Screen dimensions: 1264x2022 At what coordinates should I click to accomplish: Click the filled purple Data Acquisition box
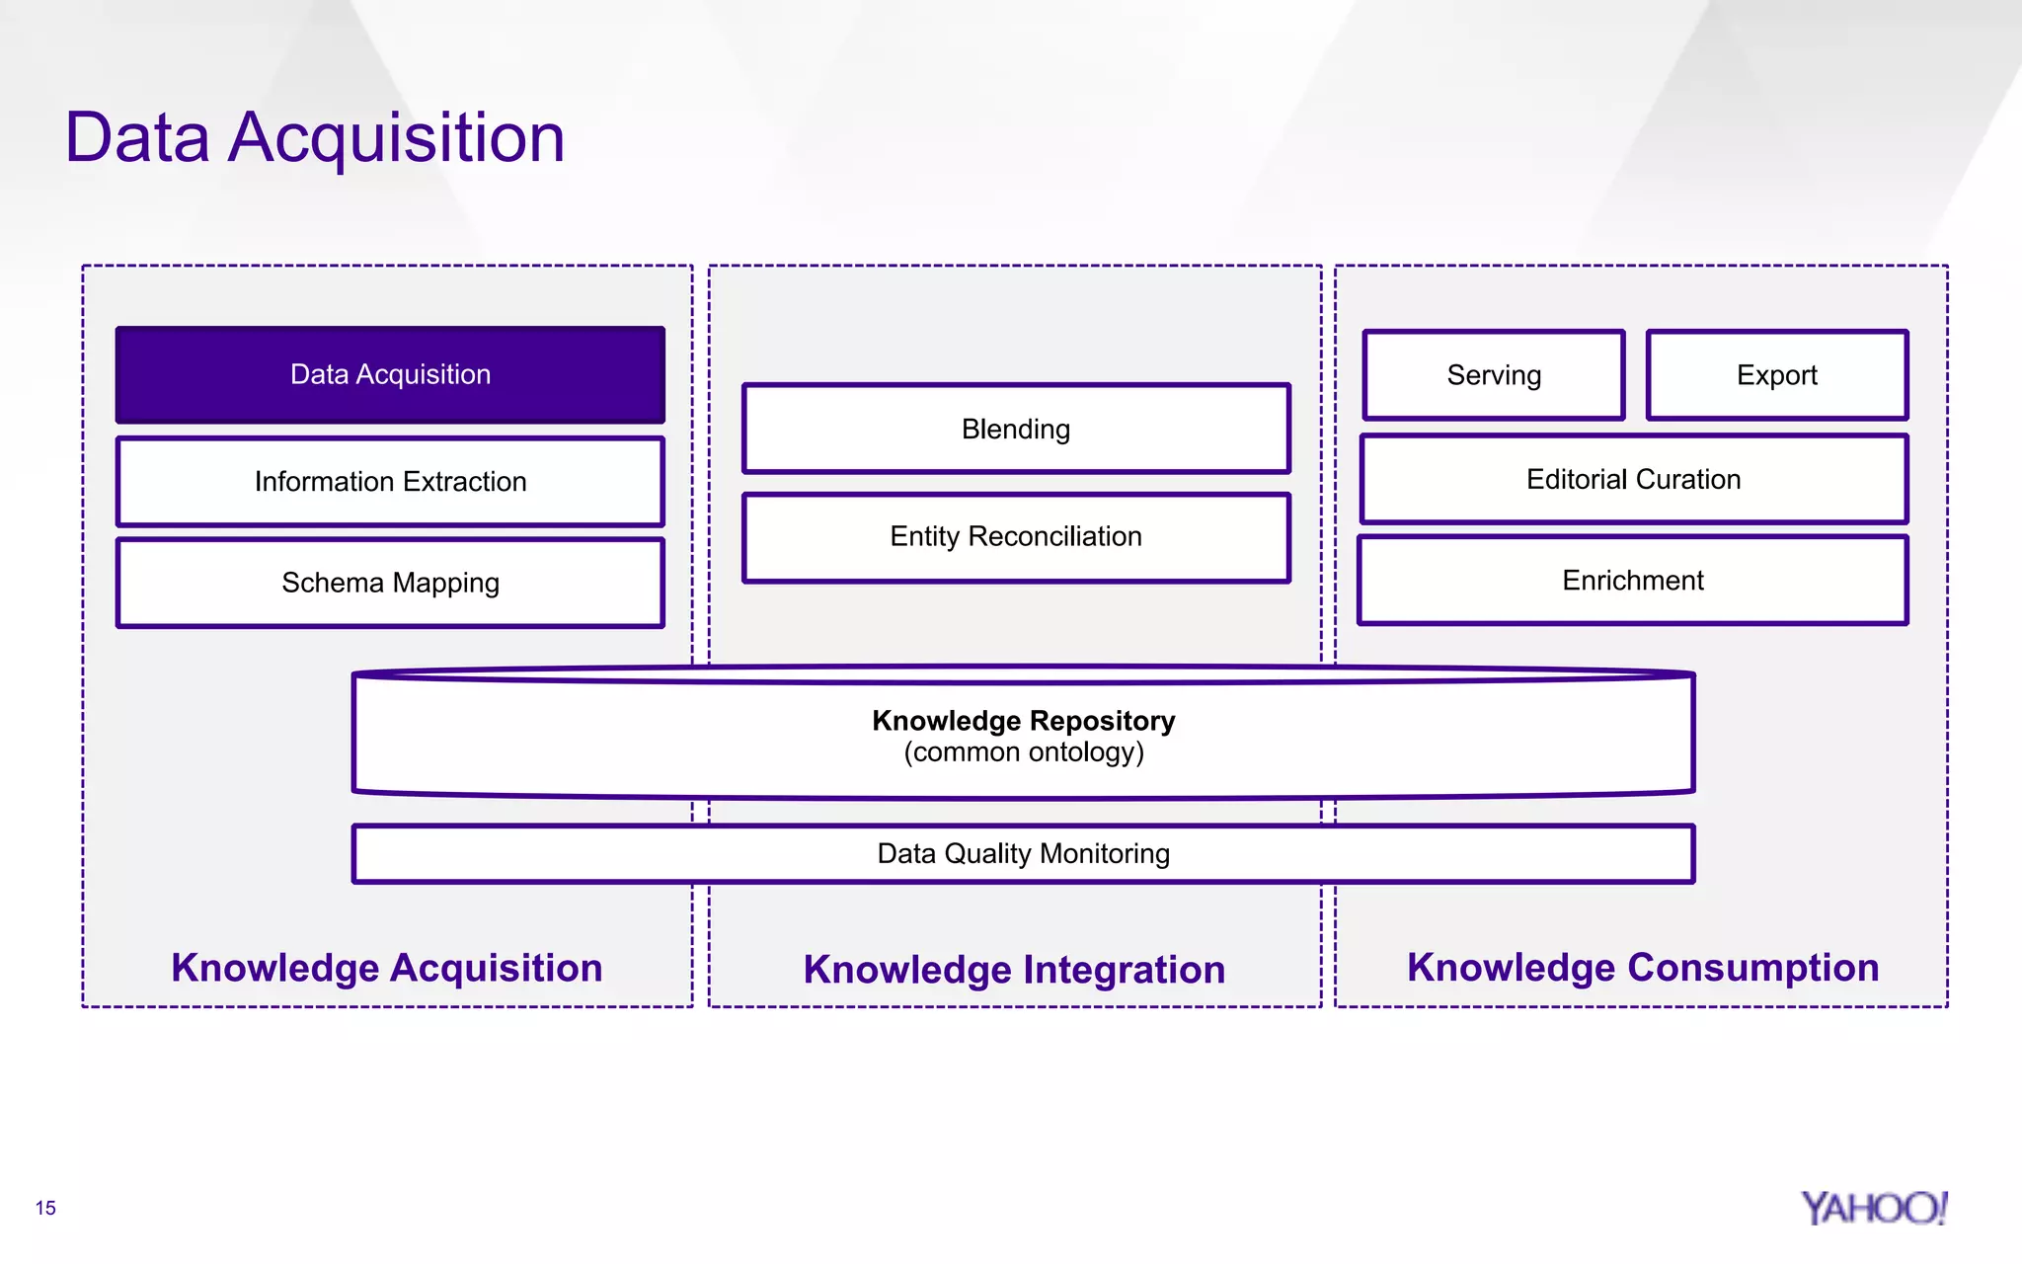pyautogui.click(x=390, y=375)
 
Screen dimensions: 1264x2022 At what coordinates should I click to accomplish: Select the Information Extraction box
pyautogui.click(x=390, y=482)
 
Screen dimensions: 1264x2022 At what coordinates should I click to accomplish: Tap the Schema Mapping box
pyautogui.click(x=390, y=583)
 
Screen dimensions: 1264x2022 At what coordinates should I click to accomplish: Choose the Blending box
pyautogui.click(x=1016, y=430)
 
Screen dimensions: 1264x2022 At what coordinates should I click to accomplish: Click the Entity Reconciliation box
pyautogui.click(x=1016, y=536)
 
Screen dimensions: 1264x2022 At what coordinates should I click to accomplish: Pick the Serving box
pyautogui.click(x=1494, y=375)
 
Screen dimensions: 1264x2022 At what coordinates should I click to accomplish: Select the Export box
pyautogui.click(x=1776, y=375)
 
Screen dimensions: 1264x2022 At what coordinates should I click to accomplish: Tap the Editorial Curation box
pyautogui.click(x=1633, y=480)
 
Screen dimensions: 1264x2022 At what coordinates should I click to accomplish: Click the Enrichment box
pyautogui.click(x=1633, y=581)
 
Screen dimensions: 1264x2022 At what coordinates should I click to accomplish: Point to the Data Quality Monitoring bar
pyautogui.click(x=1023, y=853)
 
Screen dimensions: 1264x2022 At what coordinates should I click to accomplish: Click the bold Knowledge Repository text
pyautogui.click(x=1023, y=721)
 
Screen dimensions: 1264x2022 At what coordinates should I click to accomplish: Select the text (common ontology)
pyautogui.click(x=1023, y=752)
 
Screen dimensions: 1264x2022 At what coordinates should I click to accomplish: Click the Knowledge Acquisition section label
pyautogui.click(x=387, y=968)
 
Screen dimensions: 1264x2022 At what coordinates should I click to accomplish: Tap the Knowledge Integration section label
pyautogui.click(x=1014, y=970)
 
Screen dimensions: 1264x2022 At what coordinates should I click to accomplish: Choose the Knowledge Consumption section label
pyautogui.click(x=1642, y=968)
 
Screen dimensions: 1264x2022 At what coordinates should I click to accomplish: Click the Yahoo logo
pyautogui.click(x=1873, y=1208)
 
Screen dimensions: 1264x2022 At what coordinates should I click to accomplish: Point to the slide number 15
pyautogui.click(x=45, y=1208)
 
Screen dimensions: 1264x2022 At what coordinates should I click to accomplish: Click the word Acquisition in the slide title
pyautogui.click(x=396, y=138)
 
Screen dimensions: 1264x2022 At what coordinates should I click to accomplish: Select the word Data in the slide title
pyautogui.click(x=137, y=138)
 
